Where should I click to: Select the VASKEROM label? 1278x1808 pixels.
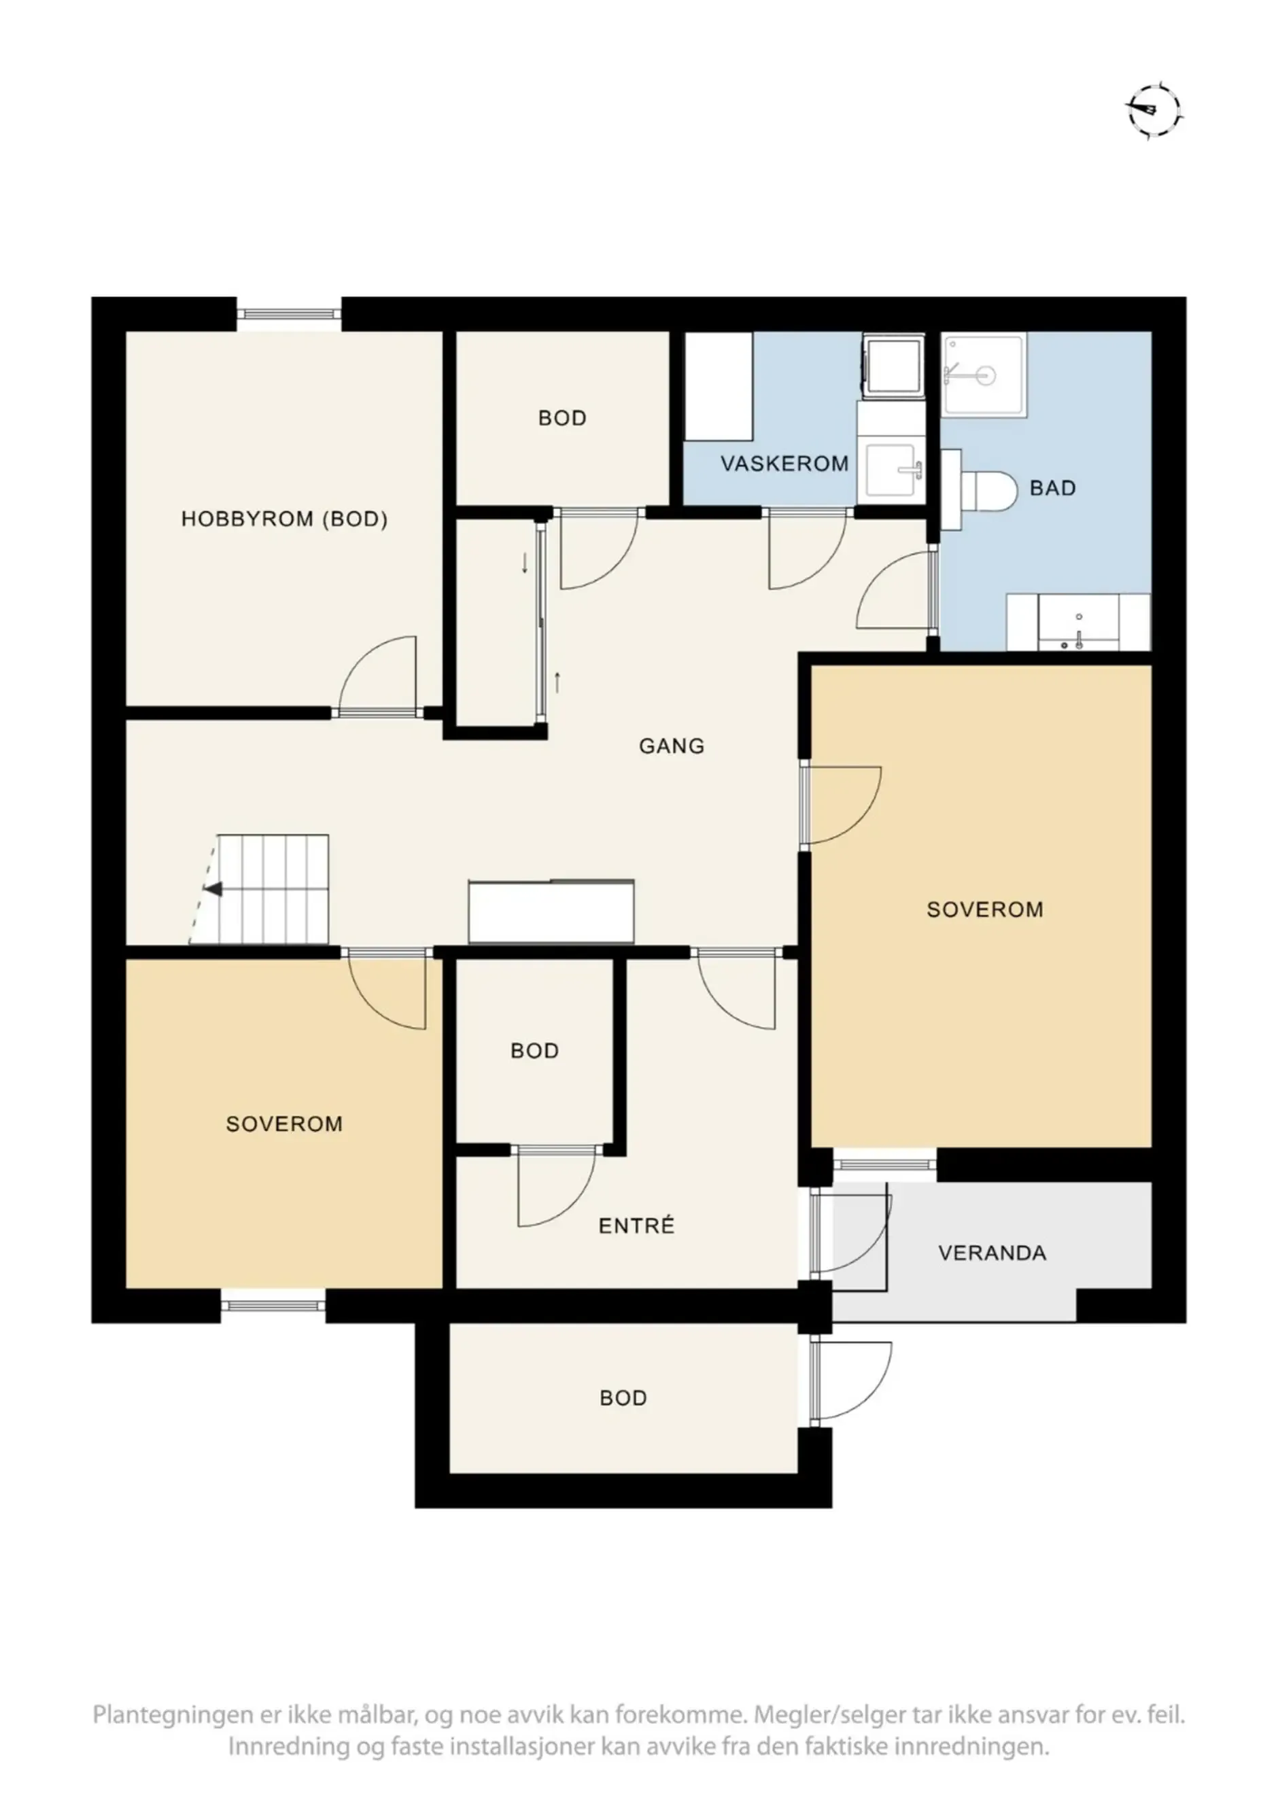(x=784, y=463)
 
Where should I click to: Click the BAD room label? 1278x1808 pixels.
(x=1052, y=488)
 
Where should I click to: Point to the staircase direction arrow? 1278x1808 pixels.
(x=213, y=890)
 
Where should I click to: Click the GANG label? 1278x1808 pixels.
(x=671, y=746)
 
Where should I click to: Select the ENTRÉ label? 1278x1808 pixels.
(x=636, y=1225)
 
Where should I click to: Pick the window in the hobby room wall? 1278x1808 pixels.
(x=290, y=314)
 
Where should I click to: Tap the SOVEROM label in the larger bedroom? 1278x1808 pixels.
(x=984, y=909)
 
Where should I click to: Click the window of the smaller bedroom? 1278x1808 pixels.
(x=273, y=1306)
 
